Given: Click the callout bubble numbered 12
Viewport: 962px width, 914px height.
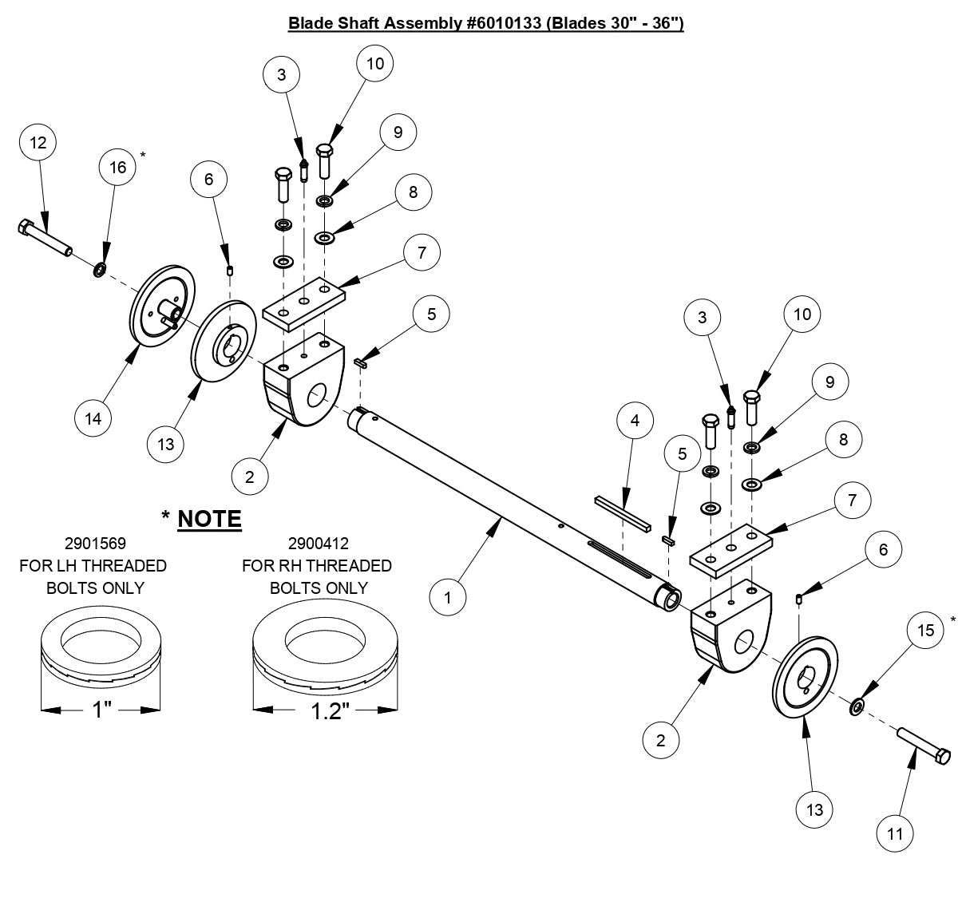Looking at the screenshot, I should click(38, 144).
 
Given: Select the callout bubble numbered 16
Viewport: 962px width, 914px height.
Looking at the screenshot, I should click(118, 168).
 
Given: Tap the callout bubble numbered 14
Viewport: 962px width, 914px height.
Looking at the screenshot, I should click(94, 418).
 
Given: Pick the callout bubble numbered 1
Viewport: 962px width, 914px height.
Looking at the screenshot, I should click(449, 596).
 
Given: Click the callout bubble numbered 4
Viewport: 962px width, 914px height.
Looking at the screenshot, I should click(635, 421).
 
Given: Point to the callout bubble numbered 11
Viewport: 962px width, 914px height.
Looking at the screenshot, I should click(895, 833).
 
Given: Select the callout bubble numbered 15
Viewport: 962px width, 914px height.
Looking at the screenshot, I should click(925, 631).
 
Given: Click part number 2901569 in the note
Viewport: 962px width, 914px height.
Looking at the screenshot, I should click(93, 544).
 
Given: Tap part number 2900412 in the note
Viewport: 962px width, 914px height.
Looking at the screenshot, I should click(317, 544).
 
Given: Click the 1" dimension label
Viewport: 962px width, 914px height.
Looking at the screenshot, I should click(101, 709).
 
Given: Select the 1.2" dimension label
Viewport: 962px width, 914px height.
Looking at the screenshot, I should click(326, 710).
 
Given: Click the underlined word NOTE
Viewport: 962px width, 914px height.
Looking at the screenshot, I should click(209, 519).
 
